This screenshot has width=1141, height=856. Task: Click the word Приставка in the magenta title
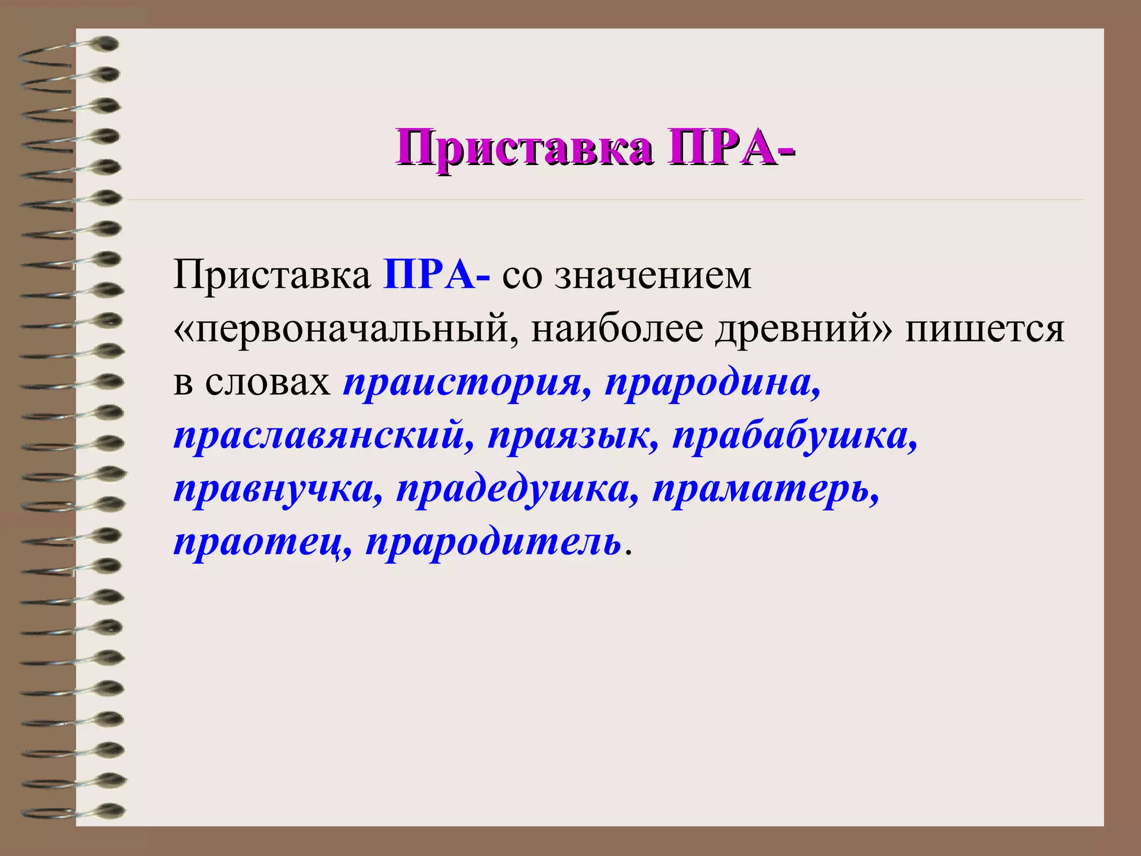pyautogui.click(x=524, y=148)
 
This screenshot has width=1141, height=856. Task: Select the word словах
pyautogui.click(x=268, y=383)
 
